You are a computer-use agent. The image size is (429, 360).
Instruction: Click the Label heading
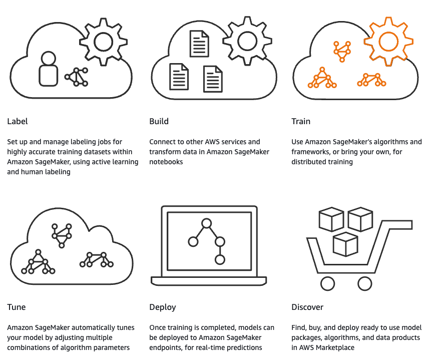tap(18, 122)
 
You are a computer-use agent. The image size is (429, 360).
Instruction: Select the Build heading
tap(159, 122)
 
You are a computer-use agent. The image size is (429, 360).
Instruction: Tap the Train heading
tap(301, 122)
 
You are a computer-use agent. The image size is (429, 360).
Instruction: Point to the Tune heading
tap(17, 307)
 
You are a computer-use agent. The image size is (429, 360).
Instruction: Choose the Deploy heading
tap(163, 307)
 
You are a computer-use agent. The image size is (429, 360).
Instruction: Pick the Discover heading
tap(307, 307)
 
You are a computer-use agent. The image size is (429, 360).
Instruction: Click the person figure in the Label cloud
tap(48, 69)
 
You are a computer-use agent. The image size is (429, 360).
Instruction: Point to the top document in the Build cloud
tap(199, 44)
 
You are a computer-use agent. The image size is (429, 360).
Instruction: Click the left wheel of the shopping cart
tap(327, 284)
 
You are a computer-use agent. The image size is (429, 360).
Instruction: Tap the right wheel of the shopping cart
tap(365, 284)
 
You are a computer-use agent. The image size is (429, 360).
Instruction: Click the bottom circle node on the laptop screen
tap(219, 260)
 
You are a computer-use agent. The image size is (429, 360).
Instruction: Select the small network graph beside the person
tap(77, 76)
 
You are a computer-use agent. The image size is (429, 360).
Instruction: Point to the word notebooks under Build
tap(166, 162)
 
